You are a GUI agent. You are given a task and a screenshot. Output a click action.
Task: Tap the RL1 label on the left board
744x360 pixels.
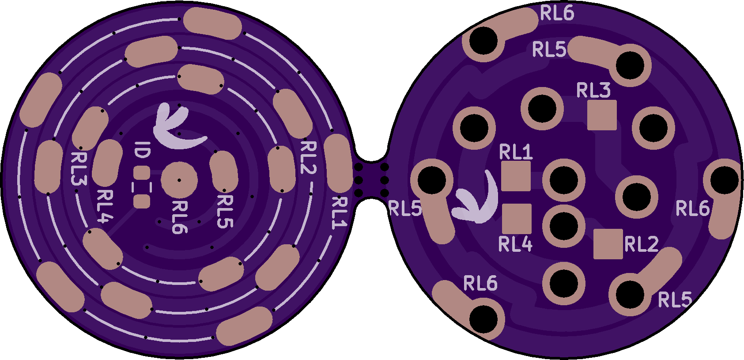point(340,213)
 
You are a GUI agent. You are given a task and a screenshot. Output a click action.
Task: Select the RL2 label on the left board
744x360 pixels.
point(308,158)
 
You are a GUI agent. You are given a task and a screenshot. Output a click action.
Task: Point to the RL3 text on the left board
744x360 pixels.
point(79,169)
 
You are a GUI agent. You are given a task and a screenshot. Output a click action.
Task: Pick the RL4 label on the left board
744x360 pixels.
point(105,206)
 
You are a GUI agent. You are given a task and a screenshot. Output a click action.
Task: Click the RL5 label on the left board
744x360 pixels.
point(225,212)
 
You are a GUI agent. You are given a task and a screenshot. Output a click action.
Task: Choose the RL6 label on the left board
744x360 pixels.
point(180,217)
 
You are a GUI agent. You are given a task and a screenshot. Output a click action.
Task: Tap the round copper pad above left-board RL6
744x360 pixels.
point(179,180)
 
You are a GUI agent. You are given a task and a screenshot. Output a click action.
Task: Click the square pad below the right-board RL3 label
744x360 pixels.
point(602,115)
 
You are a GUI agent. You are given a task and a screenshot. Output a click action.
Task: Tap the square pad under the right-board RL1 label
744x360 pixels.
point(516,176)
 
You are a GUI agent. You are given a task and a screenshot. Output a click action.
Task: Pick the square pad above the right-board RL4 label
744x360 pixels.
point(517,219)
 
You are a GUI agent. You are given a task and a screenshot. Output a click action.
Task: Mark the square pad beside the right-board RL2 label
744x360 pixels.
point(608,244)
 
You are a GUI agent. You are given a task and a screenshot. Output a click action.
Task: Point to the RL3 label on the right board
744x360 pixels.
point(593,90)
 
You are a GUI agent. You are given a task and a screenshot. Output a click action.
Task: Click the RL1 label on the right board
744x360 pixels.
point(516,152)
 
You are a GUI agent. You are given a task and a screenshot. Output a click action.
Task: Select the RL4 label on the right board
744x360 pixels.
point(515,244)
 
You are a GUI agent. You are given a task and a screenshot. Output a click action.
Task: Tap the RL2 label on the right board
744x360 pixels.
point(642,244)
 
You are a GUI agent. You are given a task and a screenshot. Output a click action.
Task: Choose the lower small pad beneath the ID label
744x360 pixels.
point(142,202)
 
